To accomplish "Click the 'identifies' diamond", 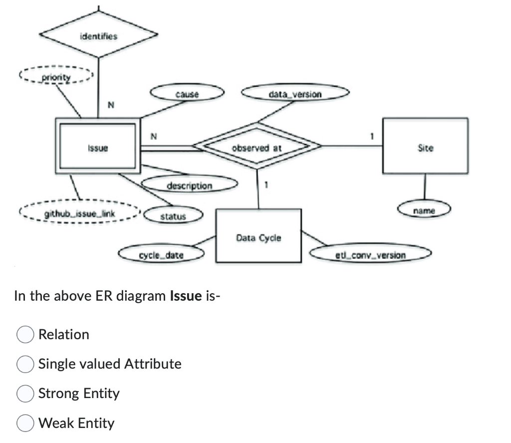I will pyautogui.click(x=98, y=36).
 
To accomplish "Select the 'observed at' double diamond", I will pyautogui.click(x=257, y=147).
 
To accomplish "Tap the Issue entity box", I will pyautogui.click(x=98, y=147).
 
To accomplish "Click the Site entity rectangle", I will pyautogui.click(x=425, y=147).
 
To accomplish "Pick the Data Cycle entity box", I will pyautogui.click(x=258, y=237).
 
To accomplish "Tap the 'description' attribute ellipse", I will pyautogui.click(x=189, y=185).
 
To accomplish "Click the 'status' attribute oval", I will pyautogui.click(x=173, y=216).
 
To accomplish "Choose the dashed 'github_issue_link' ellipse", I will pyautogui.click(x=80, y=214).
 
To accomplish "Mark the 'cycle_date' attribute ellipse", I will pyautogui.click(x=161, y=255).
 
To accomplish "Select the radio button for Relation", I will pyautogui.click(x=25, y=335).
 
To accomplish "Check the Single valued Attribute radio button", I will pyautogui.click(x=25, y=364).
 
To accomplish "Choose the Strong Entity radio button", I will pyautogui.click(x=25, y=394).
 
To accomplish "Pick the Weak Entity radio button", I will pyautogui.click(x=25, y=424).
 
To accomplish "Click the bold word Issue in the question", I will pyautogui.click(x=186, y=296).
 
